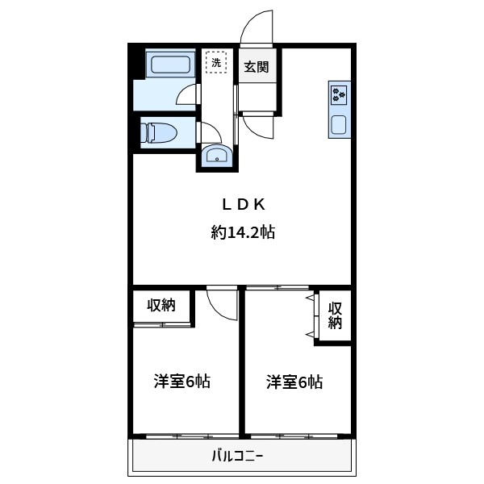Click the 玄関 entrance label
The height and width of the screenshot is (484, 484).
[x=257, y=67]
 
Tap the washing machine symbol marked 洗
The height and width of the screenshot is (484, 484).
[x=215, y=61]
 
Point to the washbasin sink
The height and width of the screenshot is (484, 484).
[x=216, y=155]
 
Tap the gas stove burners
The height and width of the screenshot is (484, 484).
[x=339, y=95]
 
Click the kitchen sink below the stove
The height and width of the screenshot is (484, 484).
[x=339, y=124]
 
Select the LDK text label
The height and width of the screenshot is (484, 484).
[x=243, y=203]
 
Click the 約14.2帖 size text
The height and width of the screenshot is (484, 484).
[x=243, y=233]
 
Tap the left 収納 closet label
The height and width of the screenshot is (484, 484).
[x=161, y=305]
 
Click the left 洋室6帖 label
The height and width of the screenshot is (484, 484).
[x=182, y=382]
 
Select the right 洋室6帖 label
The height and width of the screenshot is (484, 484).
[x=295, y=382]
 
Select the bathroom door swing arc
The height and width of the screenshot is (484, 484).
[x=186, y=94]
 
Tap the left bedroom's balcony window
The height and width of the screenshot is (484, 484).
[x=186, y=436]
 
